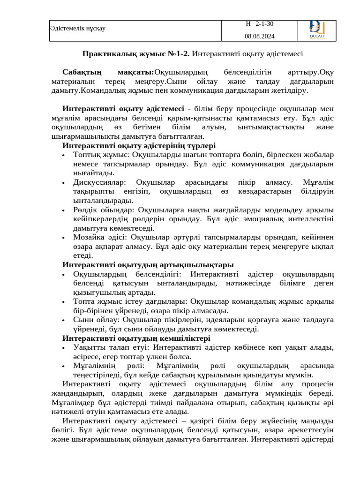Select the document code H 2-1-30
click(x=260, y=24)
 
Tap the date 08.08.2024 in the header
click(x=260, y=36)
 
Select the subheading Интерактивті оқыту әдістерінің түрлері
click(x=139, y=146)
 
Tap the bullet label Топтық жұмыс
click(x=101, y=155)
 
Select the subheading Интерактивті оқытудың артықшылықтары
click(x=148, y=265)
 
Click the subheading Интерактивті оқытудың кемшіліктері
click(x=136, y=338)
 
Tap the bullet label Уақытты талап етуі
click(x=111, y=347)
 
